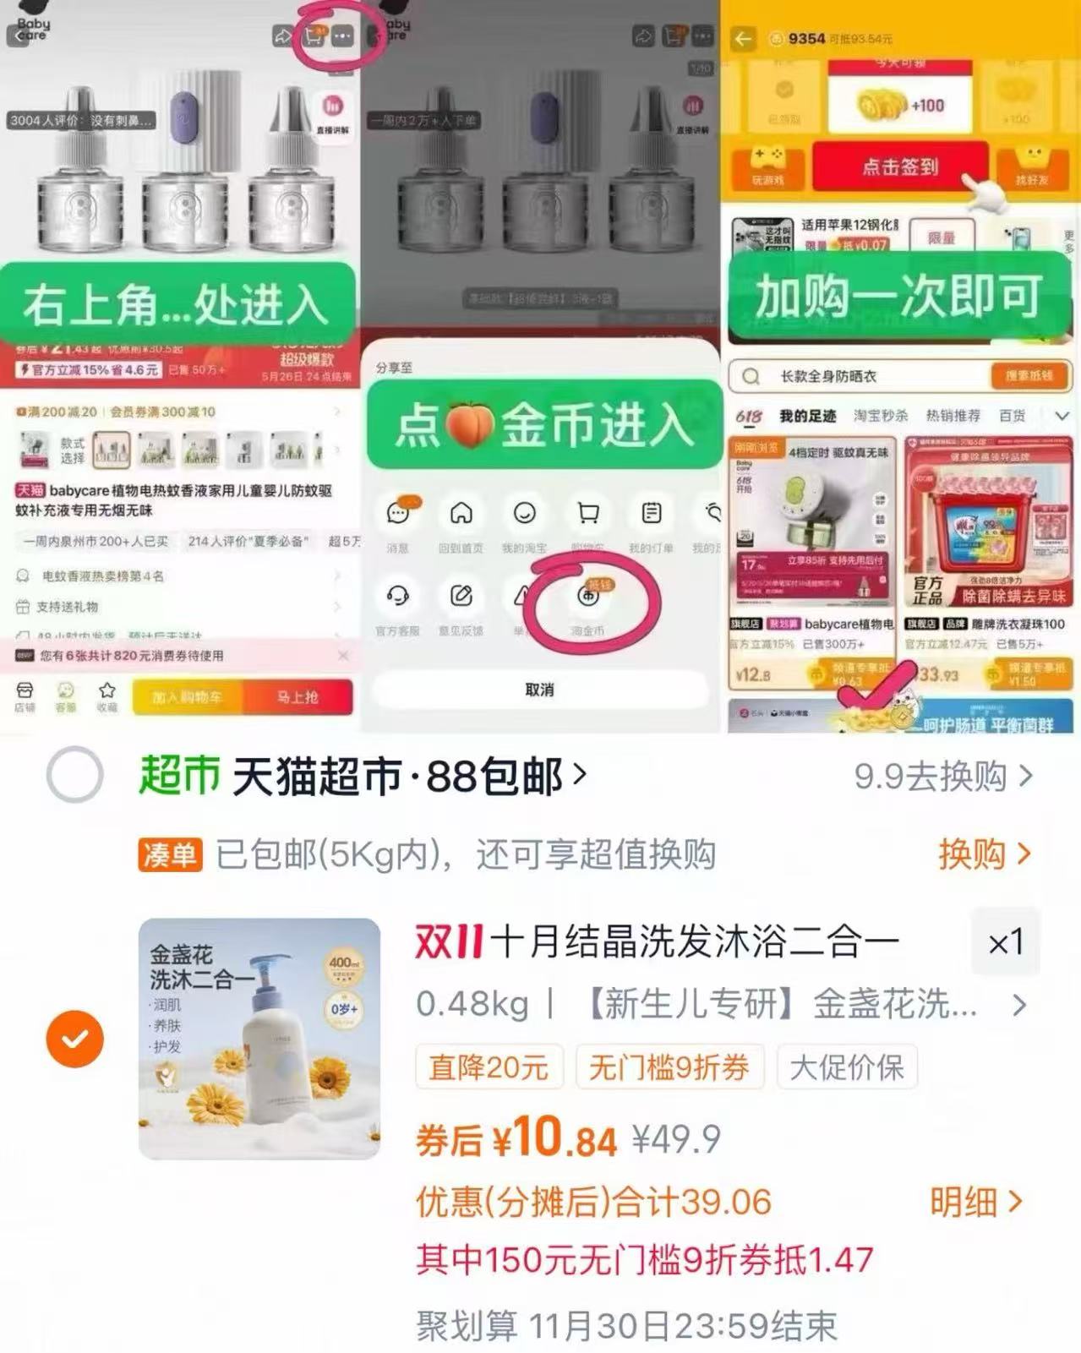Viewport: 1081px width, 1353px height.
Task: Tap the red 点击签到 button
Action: pyautogui.click(x=900, y=166)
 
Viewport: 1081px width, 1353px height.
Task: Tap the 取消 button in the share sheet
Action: pyautogui.click(x=539, y=690)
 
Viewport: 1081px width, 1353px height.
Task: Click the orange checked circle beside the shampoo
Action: pyautogui.click(x=75, y=1038)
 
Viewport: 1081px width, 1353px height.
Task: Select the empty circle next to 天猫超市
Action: pyautogui.click(x=75, y=774)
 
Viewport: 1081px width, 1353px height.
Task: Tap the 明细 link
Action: pyautogui.click(x=976, y=1201)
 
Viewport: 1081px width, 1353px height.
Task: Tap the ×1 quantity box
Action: pyautogui.click(x=1006, y=942)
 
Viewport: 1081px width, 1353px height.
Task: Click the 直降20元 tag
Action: pyautogui.click(x=489, y=1067)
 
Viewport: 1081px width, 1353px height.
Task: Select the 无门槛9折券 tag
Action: pyautogui.click(x=669, y=1067)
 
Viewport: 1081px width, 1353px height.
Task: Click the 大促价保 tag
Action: pyautogui.click(x=847, y=1067)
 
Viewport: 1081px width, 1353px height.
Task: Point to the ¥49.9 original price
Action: pyautogui.click(x=676, y=1140)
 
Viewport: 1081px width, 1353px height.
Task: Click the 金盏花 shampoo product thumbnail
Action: pyautogui.click(x=259, y=1039)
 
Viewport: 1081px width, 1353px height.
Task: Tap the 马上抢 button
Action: pyautogui.click(x=298, y=697)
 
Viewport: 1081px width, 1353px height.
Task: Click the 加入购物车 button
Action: pyautogui.click(x=187, y=697)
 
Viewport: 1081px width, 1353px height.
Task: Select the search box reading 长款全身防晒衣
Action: pyautogui.click(x=862, y=376)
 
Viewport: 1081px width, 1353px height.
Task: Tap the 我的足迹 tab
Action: pyautogui.click(x=807, y=416)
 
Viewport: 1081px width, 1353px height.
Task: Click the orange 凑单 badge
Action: pyautogui.click(x=170, y=855)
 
